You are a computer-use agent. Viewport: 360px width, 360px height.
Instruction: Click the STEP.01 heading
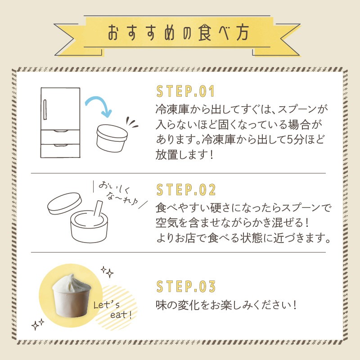tap(185, 91)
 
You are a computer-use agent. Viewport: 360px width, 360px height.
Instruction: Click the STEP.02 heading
tap(186, 189)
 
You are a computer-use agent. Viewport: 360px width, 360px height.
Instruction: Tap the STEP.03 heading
tap(186, 287)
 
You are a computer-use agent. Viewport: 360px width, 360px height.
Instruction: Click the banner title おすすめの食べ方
tap(178, 32)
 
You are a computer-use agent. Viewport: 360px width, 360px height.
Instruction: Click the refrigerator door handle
tap(45, 109)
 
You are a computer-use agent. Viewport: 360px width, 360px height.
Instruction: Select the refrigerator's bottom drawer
tap(60, 151)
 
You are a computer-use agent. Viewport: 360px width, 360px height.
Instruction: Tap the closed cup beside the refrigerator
tap(112, 138)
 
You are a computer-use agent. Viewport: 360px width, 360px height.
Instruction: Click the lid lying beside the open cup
tap(64, 203)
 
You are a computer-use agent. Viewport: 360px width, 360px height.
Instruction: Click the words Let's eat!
tap(112, 310)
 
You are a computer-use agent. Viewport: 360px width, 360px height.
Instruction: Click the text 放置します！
tap(184, 154)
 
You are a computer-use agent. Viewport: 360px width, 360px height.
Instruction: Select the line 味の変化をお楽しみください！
tap(226, 305)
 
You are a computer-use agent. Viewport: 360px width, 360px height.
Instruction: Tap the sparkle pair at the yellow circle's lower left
tap(38, 324)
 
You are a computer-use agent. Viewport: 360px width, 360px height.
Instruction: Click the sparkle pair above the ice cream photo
tap(107, 272)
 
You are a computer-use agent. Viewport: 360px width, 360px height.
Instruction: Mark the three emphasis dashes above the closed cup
tap(131, 122)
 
